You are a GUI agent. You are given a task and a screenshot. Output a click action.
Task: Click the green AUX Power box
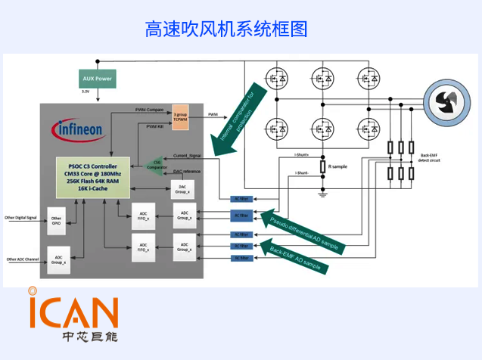click(x=97, y=79)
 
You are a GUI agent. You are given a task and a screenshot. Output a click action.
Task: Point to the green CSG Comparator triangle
click(x=156, y=163)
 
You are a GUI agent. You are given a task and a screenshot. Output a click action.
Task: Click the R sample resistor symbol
click(x=322, y=166)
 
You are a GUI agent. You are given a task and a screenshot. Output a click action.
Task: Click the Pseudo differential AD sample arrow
click(x=303, y=231)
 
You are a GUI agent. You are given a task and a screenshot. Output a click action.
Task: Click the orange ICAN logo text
click(x=73, y=310)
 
